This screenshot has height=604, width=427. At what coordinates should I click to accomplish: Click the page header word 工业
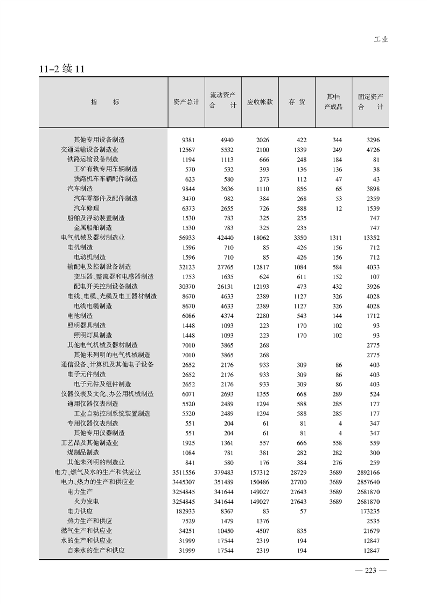tap(381, 39)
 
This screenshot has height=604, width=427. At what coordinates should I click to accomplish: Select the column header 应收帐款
tap(260, 102)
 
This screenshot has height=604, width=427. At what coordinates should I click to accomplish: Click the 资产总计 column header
tap(186, 102)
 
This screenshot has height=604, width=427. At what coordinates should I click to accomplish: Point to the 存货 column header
tap(297, 102)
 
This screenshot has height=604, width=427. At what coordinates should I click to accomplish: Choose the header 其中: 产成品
tap(333, 102)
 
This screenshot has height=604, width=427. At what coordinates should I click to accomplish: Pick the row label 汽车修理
tap(86, 208)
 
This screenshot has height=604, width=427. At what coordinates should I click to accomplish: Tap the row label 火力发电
tap(86, 501)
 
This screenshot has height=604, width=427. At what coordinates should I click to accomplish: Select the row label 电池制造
tap(80, 315)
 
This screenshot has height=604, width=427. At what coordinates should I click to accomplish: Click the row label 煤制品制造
tap(83, 452)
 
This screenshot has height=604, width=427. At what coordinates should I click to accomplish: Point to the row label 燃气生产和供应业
tap(86, 531)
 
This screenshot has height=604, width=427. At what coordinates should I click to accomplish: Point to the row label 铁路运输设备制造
tap(93, 159)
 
